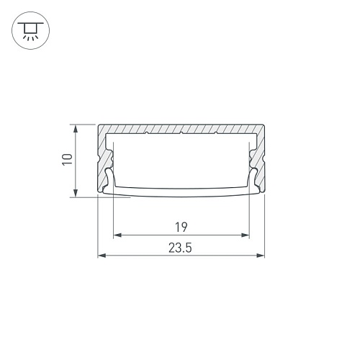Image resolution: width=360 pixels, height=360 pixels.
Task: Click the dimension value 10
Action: click(68, 159)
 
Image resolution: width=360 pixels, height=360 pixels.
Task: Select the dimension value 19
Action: click(181, 228)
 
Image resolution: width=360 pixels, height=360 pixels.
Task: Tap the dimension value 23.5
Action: click(180, 248)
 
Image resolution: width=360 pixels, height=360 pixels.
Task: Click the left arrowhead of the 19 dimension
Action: click(117, 235)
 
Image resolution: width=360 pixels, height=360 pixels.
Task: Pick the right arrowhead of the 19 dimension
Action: click(246, 235)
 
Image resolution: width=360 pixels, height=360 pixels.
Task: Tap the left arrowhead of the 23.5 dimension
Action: click(102, 256)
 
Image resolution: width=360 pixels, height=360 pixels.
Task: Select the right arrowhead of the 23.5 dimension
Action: click(260, 256)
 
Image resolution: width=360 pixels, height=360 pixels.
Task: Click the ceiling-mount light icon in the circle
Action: click(30, 30)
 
